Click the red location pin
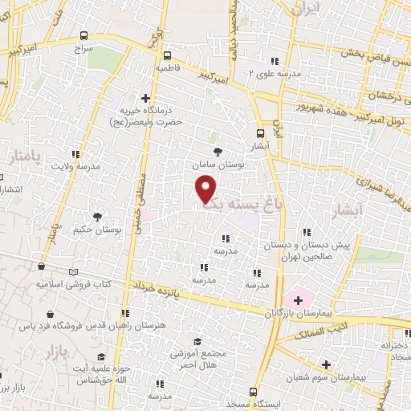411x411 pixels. (x=206, y=189)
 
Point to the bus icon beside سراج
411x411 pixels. (x=85, y=35)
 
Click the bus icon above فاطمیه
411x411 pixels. (x=167, y=56)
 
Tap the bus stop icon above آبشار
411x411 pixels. (x=260, y=134)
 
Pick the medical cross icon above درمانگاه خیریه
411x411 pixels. (x=145, y=97)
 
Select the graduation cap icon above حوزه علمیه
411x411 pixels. (x=101, y=356)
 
